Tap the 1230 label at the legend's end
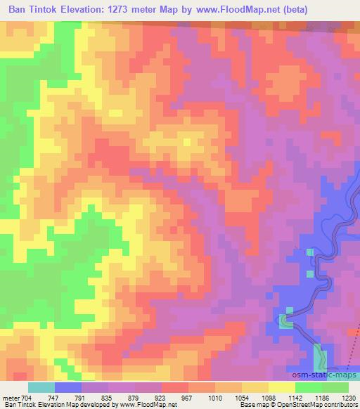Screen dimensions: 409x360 click(348, 397)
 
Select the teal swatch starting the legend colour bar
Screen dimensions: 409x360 click(41, 387)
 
